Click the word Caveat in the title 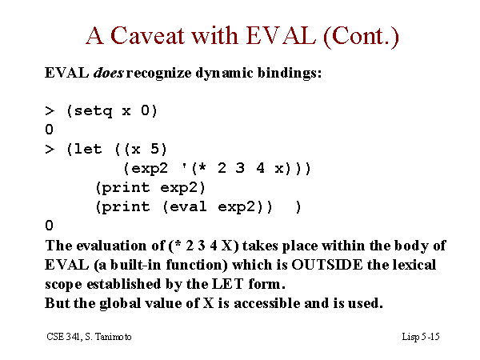148,35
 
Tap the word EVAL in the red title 281,35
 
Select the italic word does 109,73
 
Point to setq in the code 93,111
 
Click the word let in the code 88,149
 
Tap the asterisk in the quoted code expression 202,167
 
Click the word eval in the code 188,206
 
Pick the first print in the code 126,188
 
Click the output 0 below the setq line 50,130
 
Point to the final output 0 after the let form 50,226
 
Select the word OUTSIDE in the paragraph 326,265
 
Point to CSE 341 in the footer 64,337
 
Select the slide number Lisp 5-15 421,337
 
